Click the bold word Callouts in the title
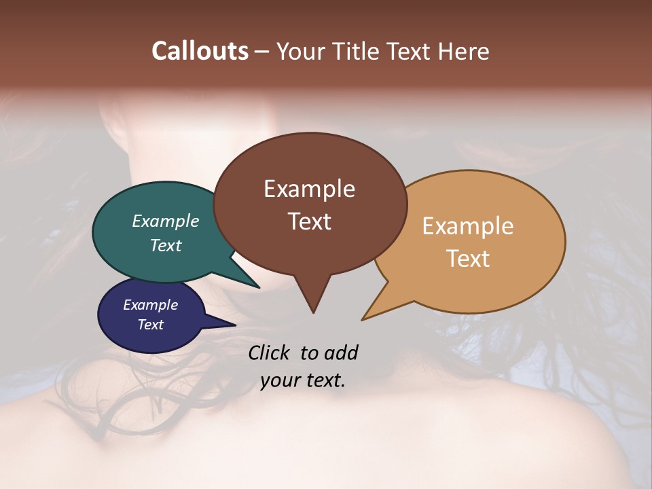[200, 51]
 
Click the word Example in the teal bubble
[166, 221]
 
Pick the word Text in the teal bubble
[166, 245]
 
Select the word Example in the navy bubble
[150, 305]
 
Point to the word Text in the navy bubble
[150, 325]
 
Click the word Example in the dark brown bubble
[309, 189]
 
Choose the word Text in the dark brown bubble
[309, 221]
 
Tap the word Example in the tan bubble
[468, 226]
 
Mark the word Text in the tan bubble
[468, 259]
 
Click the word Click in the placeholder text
[270, 352]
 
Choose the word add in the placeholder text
[340, 352]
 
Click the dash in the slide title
[263, 52]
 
